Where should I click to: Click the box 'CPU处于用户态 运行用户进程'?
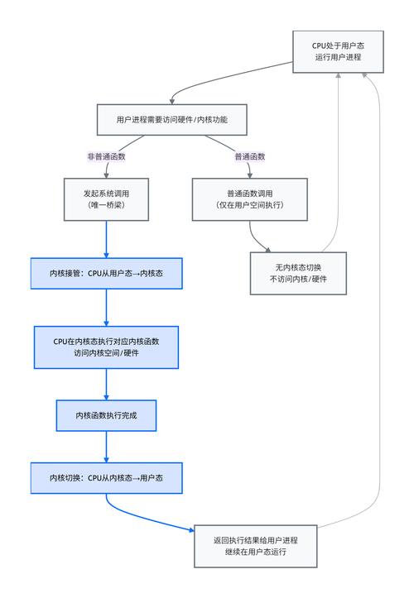[x=338, y=50]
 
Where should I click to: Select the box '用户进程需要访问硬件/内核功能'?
[x=172, y=120]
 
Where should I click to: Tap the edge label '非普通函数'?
[x=107, y=156]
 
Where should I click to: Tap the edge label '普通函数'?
[x=249, y=156]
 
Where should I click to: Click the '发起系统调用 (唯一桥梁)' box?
[x=107, y=199]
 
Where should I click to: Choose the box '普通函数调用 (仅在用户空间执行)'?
[x=249, y=199]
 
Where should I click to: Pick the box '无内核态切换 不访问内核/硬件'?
[x=298, y=273]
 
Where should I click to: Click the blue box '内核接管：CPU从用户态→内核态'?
[x=107, y=272]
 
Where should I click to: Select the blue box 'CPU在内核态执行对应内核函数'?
[x=107, y=347]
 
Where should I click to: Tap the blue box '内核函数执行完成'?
[x=107, y=415]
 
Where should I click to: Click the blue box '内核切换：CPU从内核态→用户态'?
[x=107, y=478]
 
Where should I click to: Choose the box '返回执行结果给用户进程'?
[x=255, y=546]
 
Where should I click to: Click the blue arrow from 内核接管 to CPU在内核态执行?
[x=107, y=307]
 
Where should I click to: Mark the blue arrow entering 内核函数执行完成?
[x=107, y=384]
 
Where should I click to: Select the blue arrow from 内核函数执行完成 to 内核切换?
[x=107, y=447]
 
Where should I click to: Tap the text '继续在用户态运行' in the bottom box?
[x=255, y=553]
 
